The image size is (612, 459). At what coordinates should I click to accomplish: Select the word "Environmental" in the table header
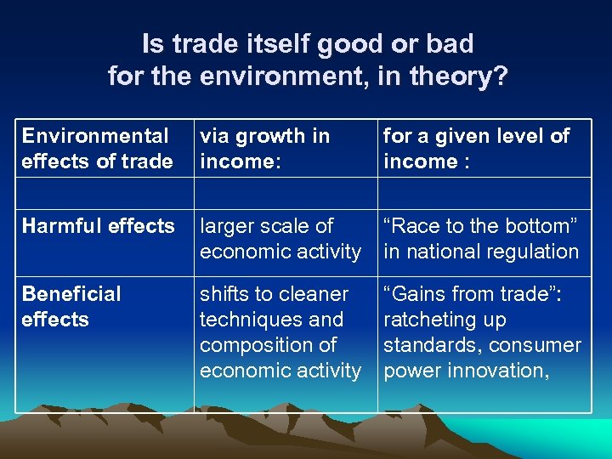[x=95, y=136]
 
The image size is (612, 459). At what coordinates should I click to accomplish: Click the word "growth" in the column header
[x=270, y=136]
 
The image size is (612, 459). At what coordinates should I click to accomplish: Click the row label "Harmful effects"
[x=98, y=226]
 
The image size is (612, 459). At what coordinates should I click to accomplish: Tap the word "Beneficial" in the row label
[x=71, y=294]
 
